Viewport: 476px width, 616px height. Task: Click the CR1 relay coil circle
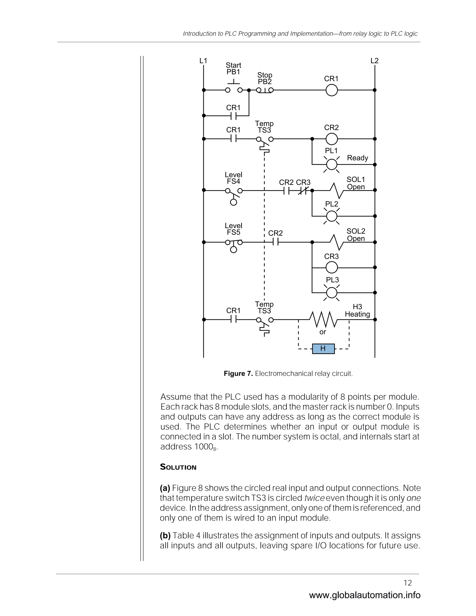332,90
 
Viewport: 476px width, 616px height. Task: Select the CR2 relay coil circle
332,139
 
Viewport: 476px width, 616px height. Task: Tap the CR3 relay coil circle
332,267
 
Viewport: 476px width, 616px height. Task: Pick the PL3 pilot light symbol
332,293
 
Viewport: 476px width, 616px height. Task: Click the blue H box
323,349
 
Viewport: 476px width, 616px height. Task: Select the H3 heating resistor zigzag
323,320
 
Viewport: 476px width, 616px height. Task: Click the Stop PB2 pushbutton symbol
265,90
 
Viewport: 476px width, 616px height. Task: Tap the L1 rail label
203,61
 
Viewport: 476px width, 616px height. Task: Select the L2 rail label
374,61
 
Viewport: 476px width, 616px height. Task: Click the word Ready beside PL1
357,158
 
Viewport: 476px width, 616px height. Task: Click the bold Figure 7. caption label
238,374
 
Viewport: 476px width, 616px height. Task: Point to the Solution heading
178,467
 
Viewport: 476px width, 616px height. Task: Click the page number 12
408,583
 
